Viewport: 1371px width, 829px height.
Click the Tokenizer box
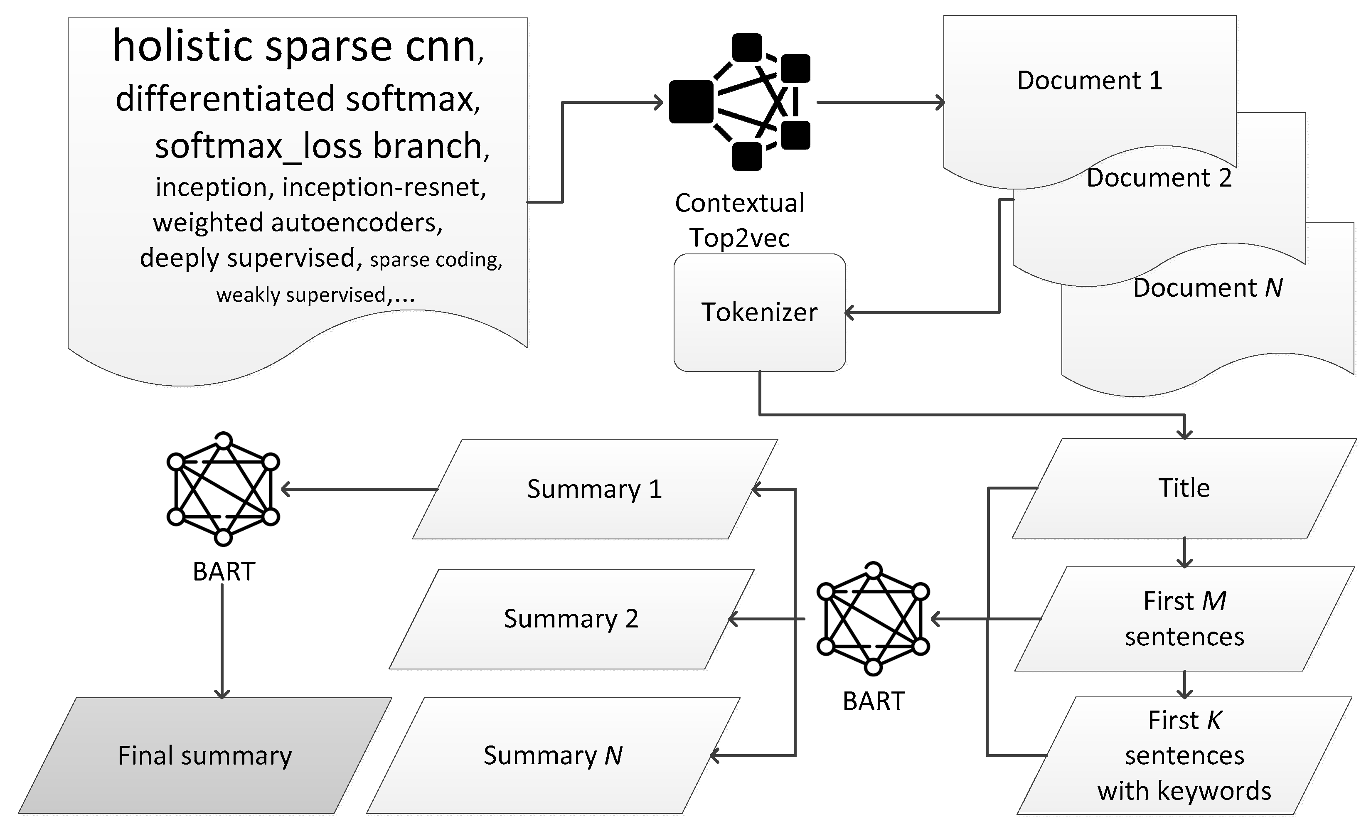pyautogui.click(x=760, y=312)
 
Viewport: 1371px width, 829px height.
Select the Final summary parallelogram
pyautogui.click(x=205, y=755)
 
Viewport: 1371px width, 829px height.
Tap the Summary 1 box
pyautogui.click(x=594, y=489)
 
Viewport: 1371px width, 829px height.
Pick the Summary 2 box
pyautogui.click(x=571, y=619)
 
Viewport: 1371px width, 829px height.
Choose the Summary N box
pyautogui.click(x=553, y=755)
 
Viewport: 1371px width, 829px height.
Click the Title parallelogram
pyautogui.click(x=1184, y=488)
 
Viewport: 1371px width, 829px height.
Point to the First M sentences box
pyautogui.click(x=1184, y=619)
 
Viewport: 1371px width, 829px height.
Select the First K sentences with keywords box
pyautogui.click(x=1184, y=755)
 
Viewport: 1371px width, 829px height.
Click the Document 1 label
pyautogui.click(x=1090, y=81)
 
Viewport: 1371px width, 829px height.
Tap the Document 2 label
pyautogui.click(x=1159, y=178)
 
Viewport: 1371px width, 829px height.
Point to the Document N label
pyautogui.click(x=1207, y=288)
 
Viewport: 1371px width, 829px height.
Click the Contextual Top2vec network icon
pyautogui.click(x=739, y=102)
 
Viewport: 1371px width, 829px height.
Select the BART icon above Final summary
pyautogui.click(x=223, y=489)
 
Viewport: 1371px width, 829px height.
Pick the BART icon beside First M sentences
pyautogui.click(x=873, y=619)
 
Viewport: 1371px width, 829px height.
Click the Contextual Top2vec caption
pyautogui.click(x=739, y=220)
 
